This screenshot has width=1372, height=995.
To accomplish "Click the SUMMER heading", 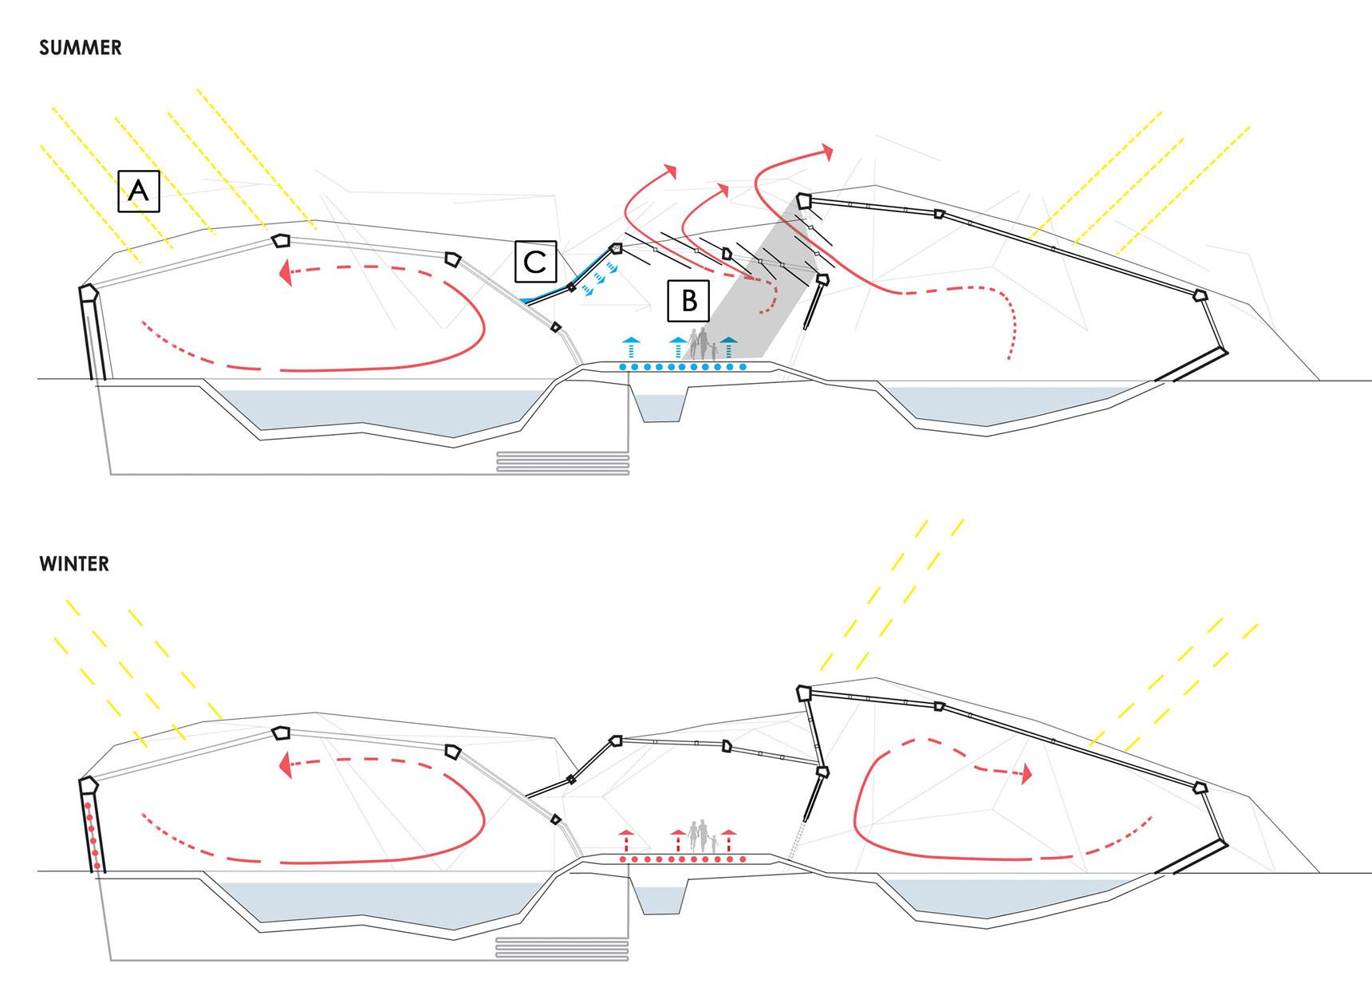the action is [x=80, y=48].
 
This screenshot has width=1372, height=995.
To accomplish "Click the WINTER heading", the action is [x=73, y=564].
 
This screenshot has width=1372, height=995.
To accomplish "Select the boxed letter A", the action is [x=139, y=191].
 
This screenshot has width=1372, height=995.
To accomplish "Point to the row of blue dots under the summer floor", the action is [x=683, y=367].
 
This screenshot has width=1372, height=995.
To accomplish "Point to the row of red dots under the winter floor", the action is [x=683, y=859].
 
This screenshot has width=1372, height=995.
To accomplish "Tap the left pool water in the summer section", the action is [x=375, y=411].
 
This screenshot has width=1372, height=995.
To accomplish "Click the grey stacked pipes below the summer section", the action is [x=562, y=463].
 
